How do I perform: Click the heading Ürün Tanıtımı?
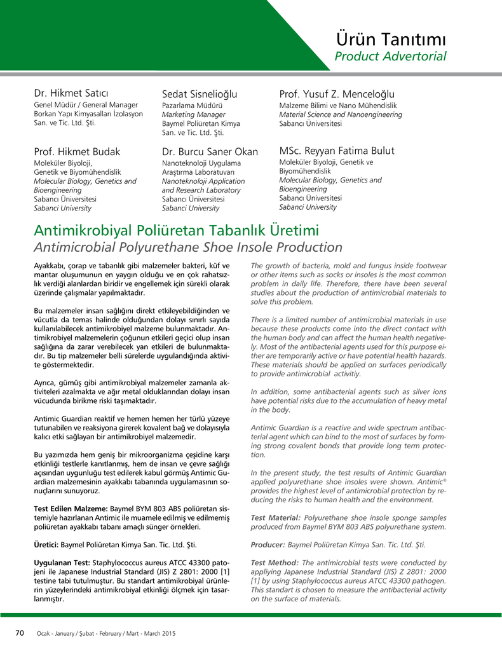(x=391, y=39)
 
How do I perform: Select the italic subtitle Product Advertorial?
(x=390, y=57)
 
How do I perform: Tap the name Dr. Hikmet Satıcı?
(x=71, y=93)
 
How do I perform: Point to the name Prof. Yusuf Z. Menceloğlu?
(x=337, y=94)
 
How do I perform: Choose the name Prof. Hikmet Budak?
(x=77, y=151)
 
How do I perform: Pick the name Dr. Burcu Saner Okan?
(x=210, y=152)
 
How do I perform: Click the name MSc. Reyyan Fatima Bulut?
(x=337, y=151)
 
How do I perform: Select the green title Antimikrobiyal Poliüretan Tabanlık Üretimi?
(x=176, y=230)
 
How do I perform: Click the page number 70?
(x=20, y=633)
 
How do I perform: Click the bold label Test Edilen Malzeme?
(x=71, y=509)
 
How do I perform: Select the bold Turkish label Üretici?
(x=46, y=545)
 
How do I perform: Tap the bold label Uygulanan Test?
(x=62, y=563)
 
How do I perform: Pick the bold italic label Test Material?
(x=276, y=518)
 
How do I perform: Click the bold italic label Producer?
(x=268, y=545)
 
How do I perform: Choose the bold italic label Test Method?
(x=275, y=563)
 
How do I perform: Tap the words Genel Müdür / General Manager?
(x=86, y=105)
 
